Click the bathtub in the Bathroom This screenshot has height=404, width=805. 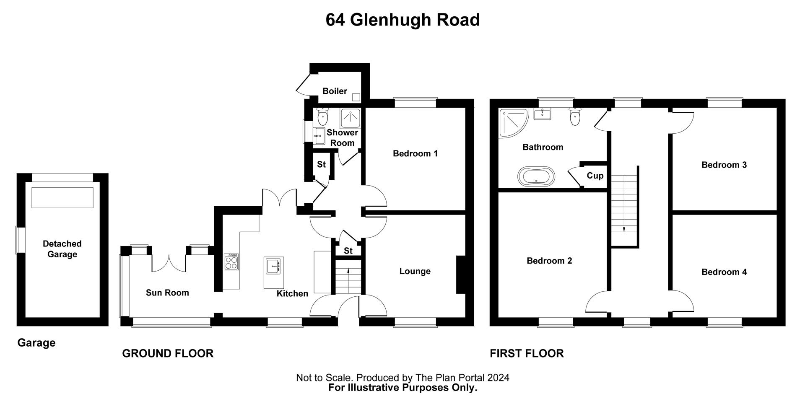(x=536, y=176)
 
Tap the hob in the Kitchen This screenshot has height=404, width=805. (x=231, y=262)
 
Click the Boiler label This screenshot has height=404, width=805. (x=335, y=91)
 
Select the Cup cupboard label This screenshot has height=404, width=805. (x=595, y=176)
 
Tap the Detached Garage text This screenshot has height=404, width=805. (x=62, y=249)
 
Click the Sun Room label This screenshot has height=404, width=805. (x=167, y=293)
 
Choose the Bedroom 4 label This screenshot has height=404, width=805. (x=724, y=272)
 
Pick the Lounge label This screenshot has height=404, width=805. (x=415, y=272)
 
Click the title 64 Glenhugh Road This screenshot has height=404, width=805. (x=402, y=20)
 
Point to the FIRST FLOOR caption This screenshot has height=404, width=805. (x=527, y=353)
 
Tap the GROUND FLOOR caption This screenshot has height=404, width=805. (x=168, y=353)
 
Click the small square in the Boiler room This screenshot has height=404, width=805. (x=356, y=97)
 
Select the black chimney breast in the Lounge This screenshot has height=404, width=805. (x=461, y=275)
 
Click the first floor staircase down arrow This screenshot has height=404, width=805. (x=624, y=229)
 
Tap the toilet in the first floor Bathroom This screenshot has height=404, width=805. (x=575, y=116)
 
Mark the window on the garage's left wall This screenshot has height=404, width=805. (x=18, y=240)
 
